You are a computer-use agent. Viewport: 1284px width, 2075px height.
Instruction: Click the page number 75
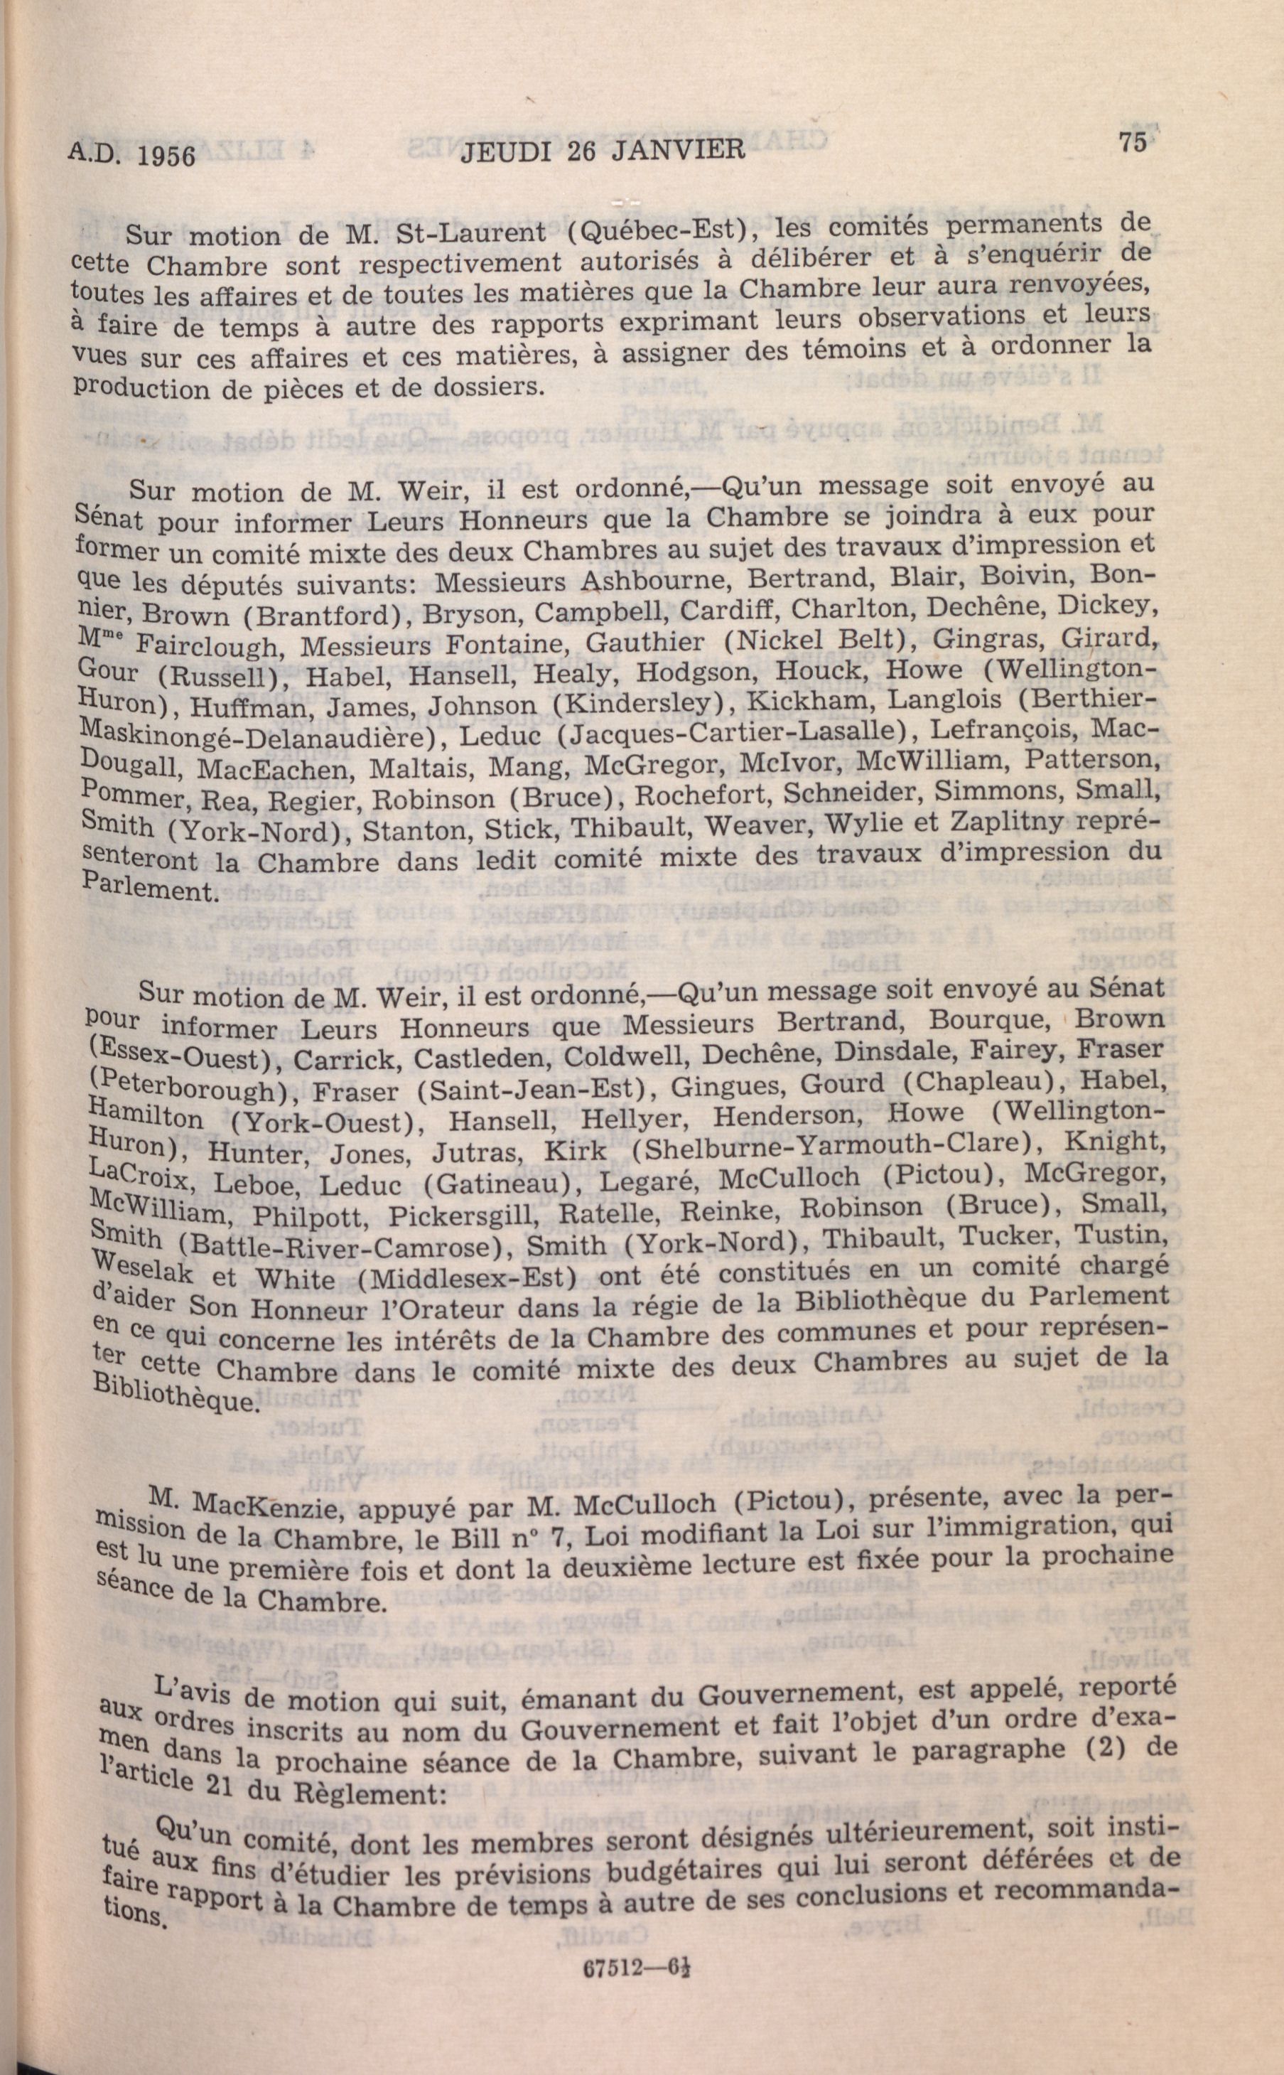1133,142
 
